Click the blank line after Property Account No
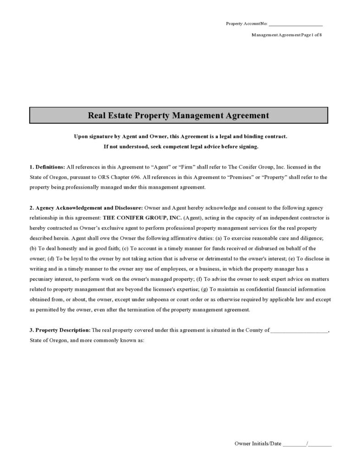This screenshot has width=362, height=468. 296,24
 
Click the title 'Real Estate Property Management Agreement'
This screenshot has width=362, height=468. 178,115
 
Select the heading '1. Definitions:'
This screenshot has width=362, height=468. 47,167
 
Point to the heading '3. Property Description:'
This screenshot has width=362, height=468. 60,330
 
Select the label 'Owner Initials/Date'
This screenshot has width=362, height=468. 258,444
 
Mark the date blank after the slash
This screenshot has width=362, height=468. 320,444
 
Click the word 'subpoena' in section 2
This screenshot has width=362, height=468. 177,299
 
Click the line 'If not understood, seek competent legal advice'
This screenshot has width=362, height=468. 181,147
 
